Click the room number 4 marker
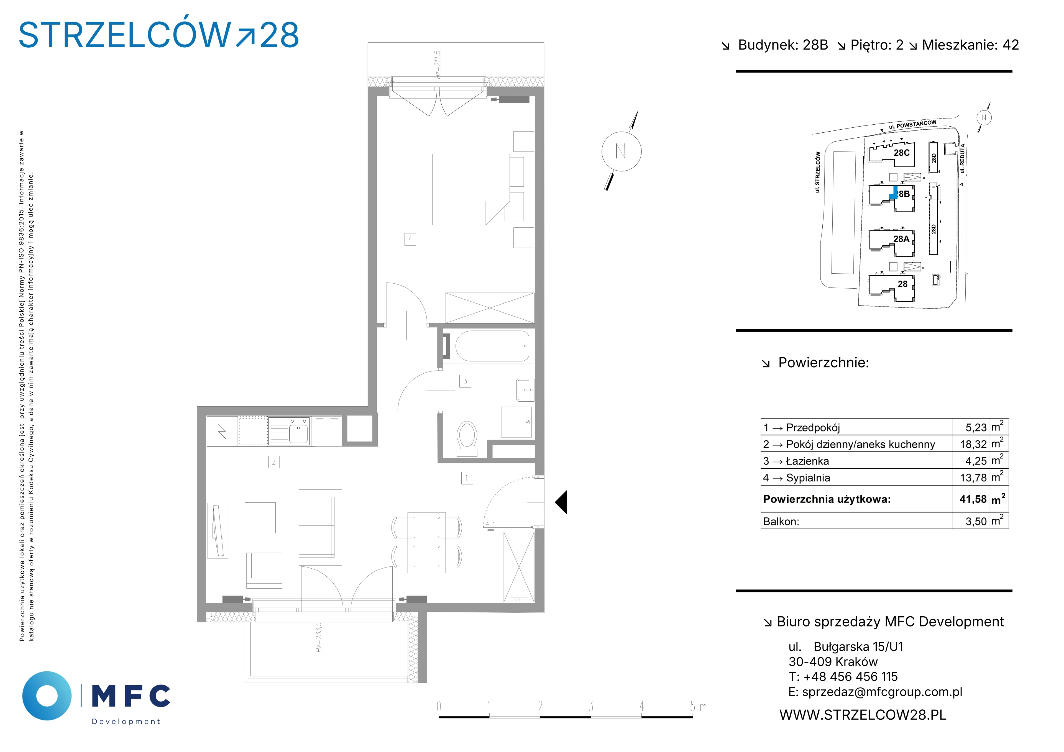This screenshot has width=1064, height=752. [410, 239]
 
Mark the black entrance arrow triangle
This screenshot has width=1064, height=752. [561, 502]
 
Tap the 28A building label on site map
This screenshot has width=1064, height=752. [901, 239]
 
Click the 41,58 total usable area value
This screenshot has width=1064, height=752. [973, 499]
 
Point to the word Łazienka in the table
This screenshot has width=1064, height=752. [808, 461]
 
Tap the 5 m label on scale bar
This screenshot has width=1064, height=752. [698, 707]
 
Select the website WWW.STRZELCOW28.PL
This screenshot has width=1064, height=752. [863, 715]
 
